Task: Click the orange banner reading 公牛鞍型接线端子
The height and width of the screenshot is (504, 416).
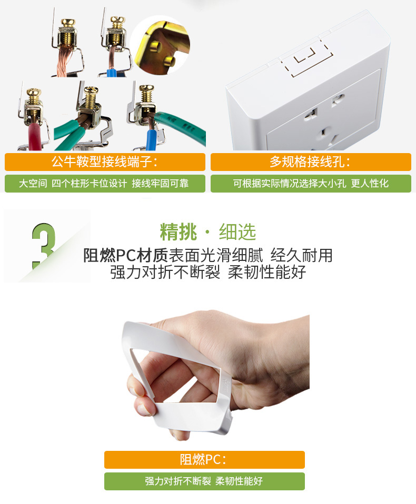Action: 105,162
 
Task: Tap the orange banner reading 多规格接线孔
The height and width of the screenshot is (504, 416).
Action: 311,162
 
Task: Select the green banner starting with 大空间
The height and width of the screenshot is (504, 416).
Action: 105,184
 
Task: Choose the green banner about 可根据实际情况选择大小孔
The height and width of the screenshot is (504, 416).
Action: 311,184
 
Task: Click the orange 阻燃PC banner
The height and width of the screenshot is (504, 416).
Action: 204,460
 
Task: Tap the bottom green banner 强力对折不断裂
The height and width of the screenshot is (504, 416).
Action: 204,481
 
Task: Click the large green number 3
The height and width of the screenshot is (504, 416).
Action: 43,246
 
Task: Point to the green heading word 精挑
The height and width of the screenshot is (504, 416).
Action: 178,232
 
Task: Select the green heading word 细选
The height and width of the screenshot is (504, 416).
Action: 237,232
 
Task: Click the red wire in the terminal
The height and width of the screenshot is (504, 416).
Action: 34,137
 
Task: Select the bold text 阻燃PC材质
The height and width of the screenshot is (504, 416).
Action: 125,256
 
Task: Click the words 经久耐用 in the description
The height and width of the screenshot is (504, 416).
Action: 301,256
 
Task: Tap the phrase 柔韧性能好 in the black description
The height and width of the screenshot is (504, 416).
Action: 267,272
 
